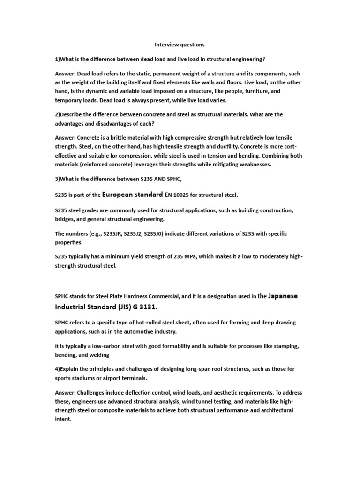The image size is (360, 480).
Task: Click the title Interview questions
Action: pos(180,45)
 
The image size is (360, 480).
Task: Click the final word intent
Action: pos(63,419)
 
